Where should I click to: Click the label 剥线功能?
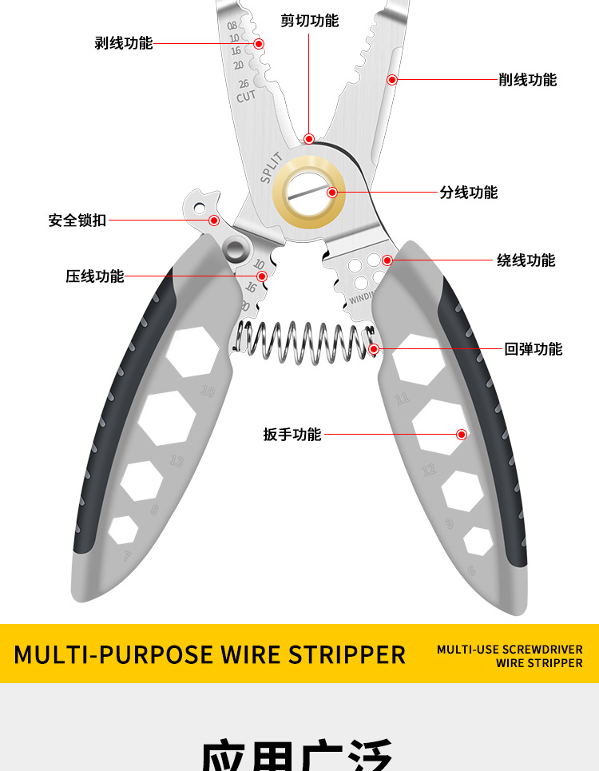tap(123, 43)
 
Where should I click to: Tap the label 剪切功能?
tap(309, 21)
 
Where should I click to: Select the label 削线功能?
tap(527, 80)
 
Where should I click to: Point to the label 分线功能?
tap(468, 193)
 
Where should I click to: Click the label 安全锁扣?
tap(77, 220)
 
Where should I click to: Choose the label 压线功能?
tap(94, 276)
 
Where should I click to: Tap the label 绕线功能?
tap(526, 260)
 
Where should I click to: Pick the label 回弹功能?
tap(534, 349)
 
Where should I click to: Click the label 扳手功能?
tap(292, 435)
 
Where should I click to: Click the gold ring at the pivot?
tap(309, 193)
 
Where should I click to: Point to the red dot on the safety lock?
tap(214, 220)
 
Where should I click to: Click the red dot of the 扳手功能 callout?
tap(462, 435)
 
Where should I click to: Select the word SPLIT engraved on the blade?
tap(271, 167)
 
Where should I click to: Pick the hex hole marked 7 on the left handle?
tap(123, 531)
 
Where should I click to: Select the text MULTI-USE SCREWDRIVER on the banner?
tap(510, 650)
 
